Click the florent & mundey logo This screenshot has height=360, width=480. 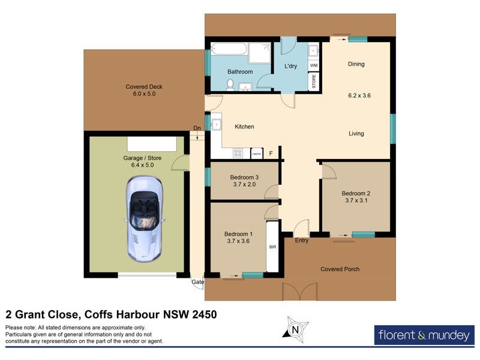point(424,335)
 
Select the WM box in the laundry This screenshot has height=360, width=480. point(314,65)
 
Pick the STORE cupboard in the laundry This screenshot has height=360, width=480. point(314,82)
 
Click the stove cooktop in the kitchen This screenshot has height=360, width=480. point(238,153)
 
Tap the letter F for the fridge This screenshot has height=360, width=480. point(271,154)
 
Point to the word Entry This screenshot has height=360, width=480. point(302,241)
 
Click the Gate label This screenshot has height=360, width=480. point(197,282)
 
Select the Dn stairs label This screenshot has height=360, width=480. point(197,128)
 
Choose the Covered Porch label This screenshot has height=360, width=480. point(340,269)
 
